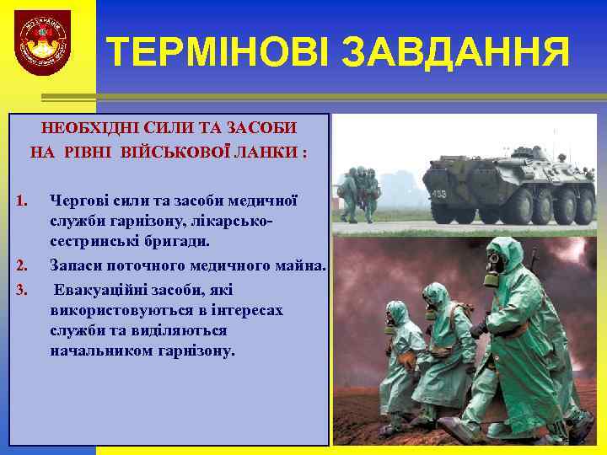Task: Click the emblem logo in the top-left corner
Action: point(43,42)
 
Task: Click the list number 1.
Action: point(23,201)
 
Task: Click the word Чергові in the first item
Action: point(78,201)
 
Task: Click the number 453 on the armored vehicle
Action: point(440,193)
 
